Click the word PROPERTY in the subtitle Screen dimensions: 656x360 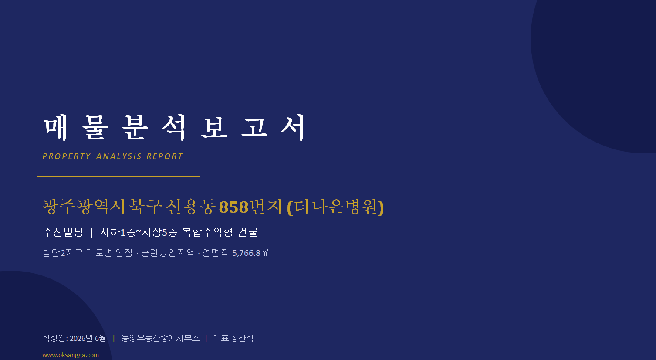point(67,156)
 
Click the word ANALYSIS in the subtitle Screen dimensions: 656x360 point(119,156)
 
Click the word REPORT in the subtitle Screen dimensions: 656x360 point(165,156)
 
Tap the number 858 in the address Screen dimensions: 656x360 point(234,207)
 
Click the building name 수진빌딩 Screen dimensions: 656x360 point(63,232)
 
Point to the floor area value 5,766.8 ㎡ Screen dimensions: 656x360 point(250,253)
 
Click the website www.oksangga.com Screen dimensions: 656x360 point(71,355)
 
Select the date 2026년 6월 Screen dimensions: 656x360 point(88,338)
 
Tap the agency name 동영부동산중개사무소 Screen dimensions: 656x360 point(160,338)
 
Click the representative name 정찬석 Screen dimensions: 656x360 point(242,338)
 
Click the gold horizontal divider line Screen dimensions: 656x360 point(119,176)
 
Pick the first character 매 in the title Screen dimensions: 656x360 point(56,128)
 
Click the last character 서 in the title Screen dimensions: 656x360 point(293,128)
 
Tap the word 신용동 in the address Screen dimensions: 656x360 point(191,207)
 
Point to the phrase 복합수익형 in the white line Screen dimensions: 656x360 point(207,232)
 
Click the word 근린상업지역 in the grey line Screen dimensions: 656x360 point(168,253)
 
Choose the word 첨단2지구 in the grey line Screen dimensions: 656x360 point(63,253)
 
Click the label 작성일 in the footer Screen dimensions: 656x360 point(54,338)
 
